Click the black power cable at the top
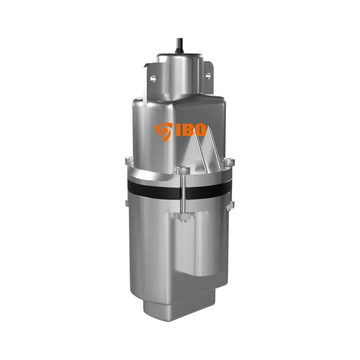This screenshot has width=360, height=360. pos(178,46)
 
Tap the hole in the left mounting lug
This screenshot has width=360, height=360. pos(152,78)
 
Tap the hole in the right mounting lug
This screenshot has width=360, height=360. pos(208,75)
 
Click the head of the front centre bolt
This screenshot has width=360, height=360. pos(183,170)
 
